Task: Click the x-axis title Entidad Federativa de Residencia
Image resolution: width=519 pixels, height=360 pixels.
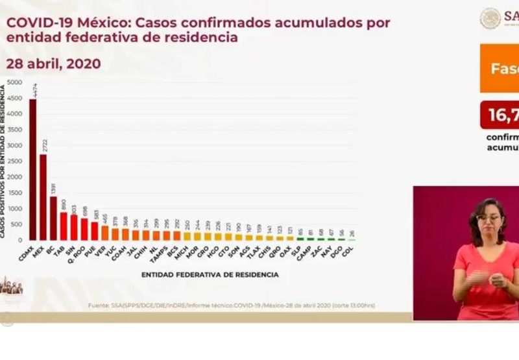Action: (x=210, y=275)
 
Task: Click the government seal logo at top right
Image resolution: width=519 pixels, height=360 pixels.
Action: (x=490, y=18)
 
